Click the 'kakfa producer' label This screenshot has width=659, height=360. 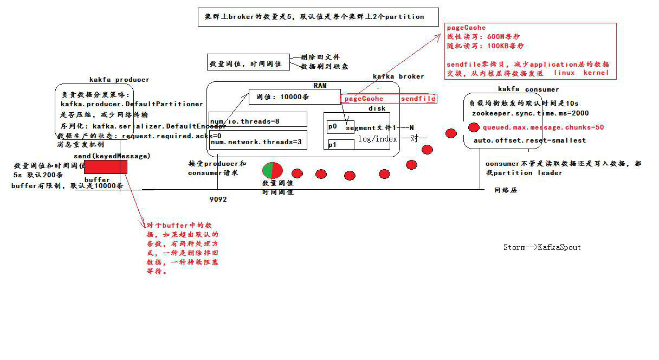119,80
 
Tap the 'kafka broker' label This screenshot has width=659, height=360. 398,76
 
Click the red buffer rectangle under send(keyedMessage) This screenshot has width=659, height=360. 106,167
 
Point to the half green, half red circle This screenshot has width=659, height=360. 272,170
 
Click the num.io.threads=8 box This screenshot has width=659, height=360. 258,120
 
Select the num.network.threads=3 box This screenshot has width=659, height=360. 258,141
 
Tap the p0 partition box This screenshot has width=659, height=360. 340,126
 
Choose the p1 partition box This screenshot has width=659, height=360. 340,145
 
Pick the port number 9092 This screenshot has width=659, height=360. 218,199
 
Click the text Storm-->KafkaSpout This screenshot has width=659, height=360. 542,247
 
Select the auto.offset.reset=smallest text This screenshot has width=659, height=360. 529,140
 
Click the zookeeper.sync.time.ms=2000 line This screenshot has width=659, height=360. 530,113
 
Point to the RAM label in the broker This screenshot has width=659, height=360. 320,85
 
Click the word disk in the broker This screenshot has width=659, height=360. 377,108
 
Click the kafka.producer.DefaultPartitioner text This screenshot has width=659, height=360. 132,104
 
